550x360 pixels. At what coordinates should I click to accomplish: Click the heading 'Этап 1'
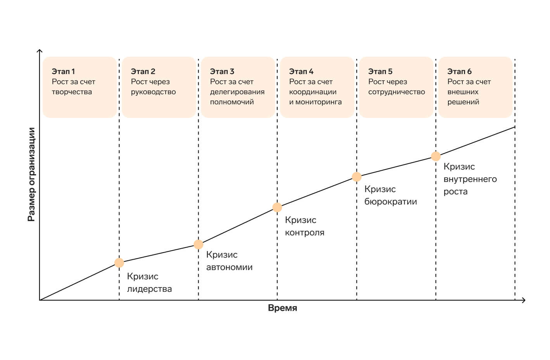(x=63, y=71)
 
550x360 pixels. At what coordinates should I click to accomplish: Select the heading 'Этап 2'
(x=143, y=71)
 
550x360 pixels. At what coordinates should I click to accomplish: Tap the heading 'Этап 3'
(x=222, y=71)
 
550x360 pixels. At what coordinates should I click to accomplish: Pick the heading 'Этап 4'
(x=301, y=71)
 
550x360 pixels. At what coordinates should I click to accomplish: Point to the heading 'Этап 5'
(x=380, y=71)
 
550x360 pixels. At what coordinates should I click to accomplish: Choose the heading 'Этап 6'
(x=459, y=71)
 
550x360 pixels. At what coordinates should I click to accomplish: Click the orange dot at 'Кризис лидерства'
(x=119, y=263)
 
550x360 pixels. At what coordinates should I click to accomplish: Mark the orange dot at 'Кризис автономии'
(x=198, y=244)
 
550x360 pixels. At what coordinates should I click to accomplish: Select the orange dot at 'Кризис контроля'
(x=277, y=207)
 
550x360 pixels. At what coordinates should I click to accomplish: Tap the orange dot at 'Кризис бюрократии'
(x=356, y=177)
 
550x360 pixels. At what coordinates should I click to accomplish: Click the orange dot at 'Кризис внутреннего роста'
(x=436, y=156)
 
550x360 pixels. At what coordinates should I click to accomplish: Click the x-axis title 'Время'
(x=282, y=308)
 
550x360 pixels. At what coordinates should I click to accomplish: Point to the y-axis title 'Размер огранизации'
(x=31, y=175)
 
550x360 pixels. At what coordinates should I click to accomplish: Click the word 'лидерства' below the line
(x=149, y=289)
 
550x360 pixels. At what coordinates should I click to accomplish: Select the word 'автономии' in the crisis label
(x=229, y=267)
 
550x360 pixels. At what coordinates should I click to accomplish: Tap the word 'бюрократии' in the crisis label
(x=391, y=202)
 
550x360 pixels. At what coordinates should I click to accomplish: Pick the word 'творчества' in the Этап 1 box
(x=72, y=92)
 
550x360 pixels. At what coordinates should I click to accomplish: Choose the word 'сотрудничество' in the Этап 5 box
(x=396, y=92)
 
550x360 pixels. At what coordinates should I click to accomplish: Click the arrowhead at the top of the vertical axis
(x=40, y=50)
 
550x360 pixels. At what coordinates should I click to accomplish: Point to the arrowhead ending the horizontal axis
(x=524, y=300)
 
